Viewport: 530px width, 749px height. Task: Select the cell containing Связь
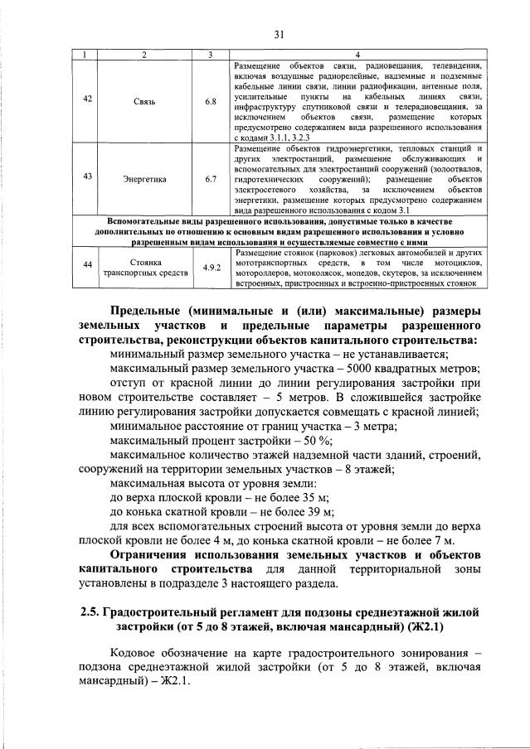click(x=143, y=101)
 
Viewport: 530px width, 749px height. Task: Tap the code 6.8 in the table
click(x=211, y=101)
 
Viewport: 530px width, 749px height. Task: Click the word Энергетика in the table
click(x=143, y=178)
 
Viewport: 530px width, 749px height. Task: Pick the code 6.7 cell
click(x=211, y=178)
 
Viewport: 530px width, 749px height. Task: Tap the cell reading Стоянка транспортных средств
click(x=143, y=265)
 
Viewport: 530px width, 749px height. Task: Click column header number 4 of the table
click(x=357, y=55)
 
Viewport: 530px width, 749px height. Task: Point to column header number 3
click(x=211, y=55)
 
